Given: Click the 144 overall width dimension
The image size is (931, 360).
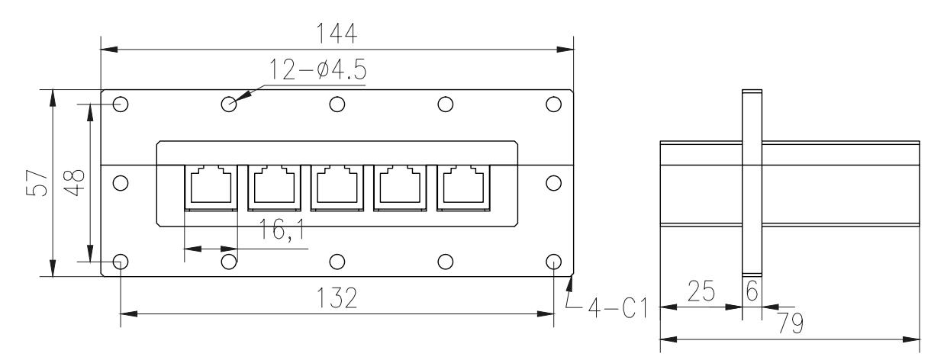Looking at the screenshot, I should [338, 34].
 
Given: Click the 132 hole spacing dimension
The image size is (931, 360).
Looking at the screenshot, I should [338, 299].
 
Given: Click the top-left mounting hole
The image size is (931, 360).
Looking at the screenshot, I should [120, 104].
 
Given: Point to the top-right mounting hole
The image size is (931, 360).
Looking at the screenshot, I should [555, 104].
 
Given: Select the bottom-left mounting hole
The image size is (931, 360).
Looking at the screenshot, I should [120, 262].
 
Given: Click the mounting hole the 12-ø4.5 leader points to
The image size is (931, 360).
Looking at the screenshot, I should [228, 104].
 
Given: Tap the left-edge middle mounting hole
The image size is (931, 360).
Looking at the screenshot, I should [120, 182].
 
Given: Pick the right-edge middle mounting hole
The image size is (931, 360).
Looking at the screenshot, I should [555, 182].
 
